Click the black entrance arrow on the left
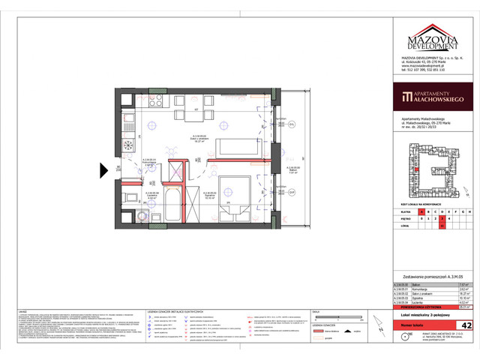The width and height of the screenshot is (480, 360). (x=104, y=169)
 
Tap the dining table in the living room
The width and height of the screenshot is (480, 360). (x=190, y=115)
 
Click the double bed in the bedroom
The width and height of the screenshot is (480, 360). (x=232, y=196)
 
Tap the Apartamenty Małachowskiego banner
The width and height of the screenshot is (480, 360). (x=431, y=96)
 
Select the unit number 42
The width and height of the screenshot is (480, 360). (x=466, y=326)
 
